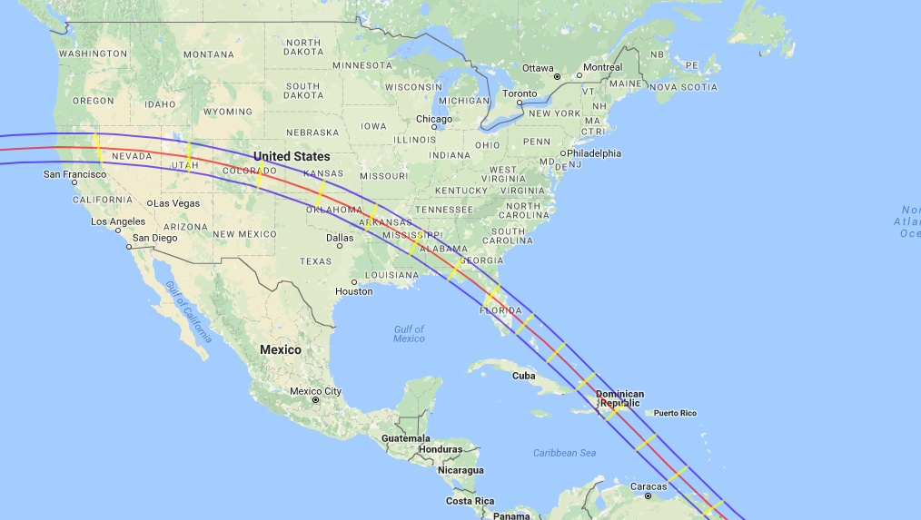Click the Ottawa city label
537,68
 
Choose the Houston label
353,291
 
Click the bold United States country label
292,156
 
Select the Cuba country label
523,375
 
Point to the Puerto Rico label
674,413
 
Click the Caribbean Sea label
564,452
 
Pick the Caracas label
649,486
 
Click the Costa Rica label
470,501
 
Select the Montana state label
208,54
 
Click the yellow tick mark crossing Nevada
97,149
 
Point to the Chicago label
433,119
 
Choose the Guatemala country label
404,437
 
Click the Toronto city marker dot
519,103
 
